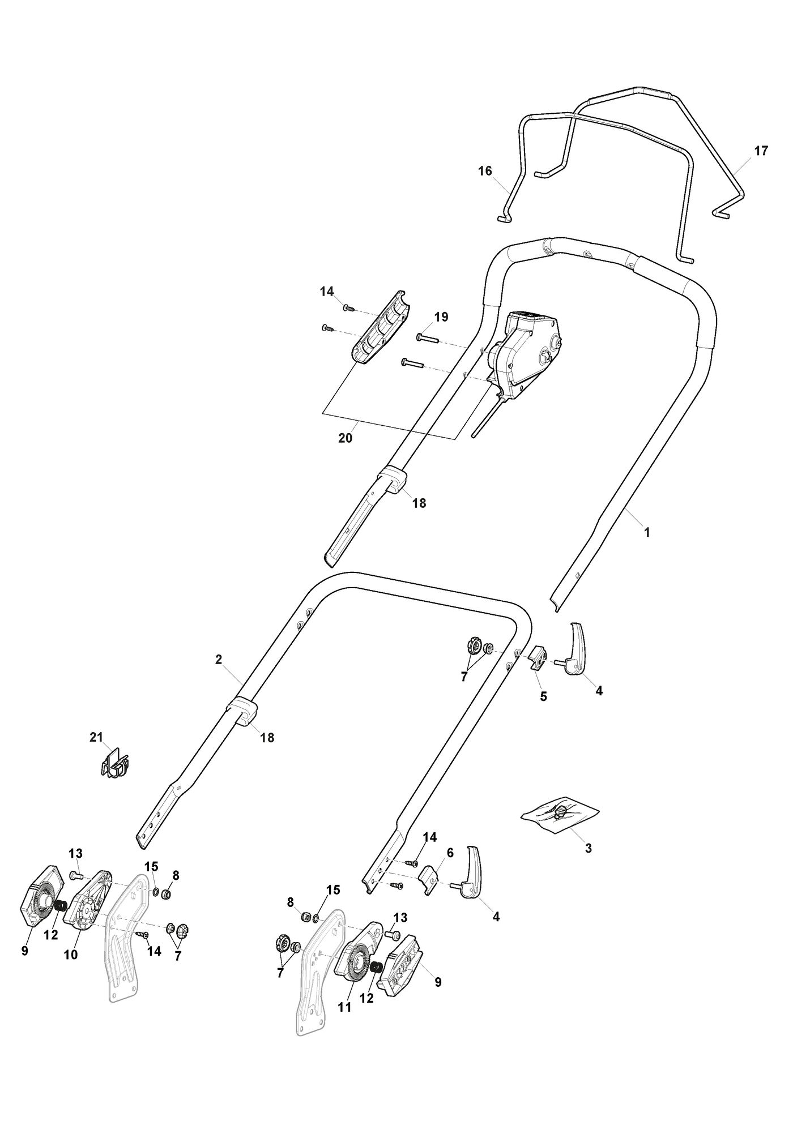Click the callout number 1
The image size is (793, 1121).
point(647,532)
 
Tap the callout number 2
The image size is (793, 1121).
point(219,659)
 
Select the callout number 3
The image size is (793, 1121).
point(588,865)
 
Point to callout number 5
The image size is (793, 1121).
point(543,696)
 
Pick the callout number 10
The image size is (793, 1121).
point(71,955)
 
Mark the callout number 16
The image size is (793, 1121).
point(485,171)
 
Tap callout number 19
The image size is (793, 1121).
point(441,317)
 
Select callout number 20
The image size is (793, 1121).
point(345,438)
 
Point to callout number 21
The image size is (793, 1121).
point(96,737)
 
